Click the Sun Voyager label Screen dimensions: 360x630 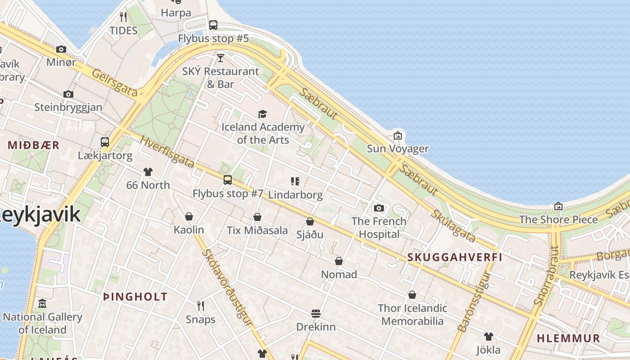tap(398, 148)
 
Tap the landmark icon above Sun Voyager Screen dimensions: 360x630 tap(398, 135)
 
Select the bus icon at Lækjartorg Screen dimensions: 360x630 tap(105, 142)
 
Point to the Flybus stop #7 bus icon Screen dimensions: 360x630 tap(228, 180)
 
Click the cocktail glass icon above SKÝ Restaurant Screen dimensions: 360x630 tap(220, 58)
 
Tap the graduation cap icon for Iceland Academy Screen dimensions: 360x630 tap(262, 114)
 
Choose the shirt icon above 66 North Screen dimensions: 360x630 tap(148, 171)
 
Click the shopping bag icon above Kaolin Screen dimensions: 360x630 tap(189, 216)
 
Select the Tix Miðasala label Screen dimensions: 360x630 tap(257, 230)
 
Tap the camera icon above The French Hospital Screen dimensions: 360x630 tap(379, 208)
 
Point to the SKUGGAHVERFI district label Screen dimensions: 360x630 tap(454, 257)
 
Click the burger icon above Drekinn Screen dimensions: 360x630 tap(316, 313)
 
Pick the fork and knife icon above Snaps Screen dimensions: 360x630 tap(201, 306)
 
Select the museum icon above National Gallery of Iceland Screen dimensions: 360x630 tap(42, 304)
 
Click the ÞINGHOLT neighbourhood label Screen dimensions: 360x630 tap(135, 297)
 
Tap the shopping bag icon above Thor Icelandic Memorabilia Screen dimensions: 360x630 tap(412, 295)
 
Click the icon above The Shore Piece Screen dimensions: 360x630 tap(558, 206)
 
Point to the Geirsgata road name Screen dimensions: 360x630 tap(115, 82)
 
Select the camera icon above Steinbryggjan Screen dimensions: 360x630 tap(68, 94)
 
